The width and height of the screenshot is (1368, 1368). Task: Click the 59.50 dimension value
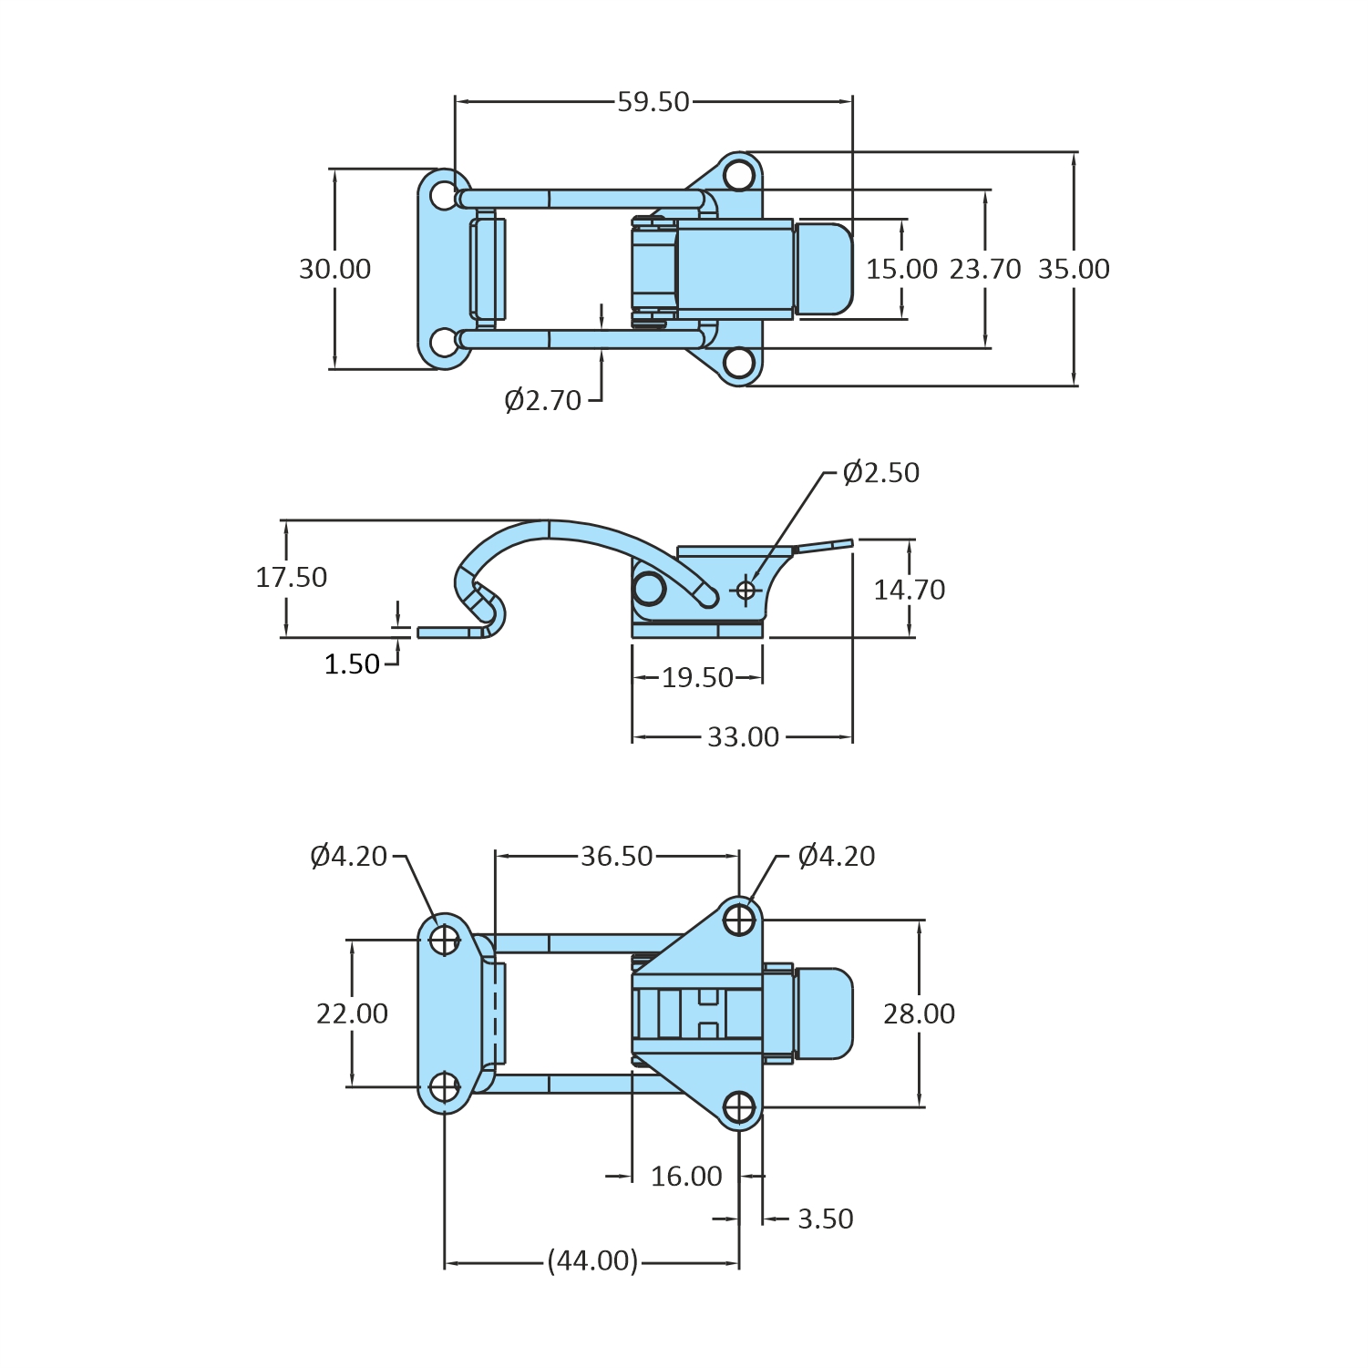[653, 102]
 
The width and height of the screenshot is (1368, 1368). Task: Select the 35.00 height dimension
[1074, 270]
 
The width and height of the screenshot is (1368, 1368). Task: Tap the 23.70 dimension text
[985, 270]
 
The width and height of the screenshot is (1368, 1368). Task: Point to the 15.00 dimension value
[901, 270]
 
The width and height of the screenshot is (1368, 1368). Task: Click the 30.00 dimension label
[335, 270]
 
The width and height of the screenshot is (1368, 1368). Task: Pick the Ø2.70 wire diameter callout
[543, 401]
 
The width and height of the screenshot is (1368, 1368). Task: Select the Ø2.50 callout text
[881, 473]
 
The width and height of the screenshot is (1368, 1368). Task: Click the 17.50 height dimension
[291, 578]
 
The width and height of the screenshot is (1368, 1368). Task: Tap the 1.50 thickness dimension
[352, 664]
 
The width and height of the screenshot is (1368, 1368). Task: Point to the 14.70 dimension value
[910, 591]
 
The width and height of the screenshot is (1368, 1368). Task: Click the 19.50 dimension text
[697, 678]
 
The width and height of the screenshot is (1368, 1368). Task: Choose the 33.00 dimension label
[744, 737]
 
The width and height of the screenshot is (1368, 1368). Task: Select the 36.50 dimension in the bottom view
[617, 857]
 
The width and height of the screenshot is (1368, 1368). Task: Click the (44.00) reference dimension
[593, 1261]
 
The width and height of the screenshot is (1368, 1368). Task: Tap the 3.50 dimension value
[826, 1219]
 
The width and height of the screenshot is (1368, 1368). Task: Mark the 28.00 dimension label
[919, 1014]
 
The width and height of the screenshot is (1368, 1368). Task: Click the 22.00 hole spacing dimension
[352, 1014]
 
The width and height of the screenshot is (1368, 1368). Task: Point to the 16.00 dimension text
[686, 1177]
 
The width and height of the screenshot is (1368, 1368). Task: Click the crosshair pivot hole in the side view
[746, 591]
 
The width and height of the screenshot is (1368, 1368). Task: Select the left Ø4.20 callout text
[349, 857]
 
